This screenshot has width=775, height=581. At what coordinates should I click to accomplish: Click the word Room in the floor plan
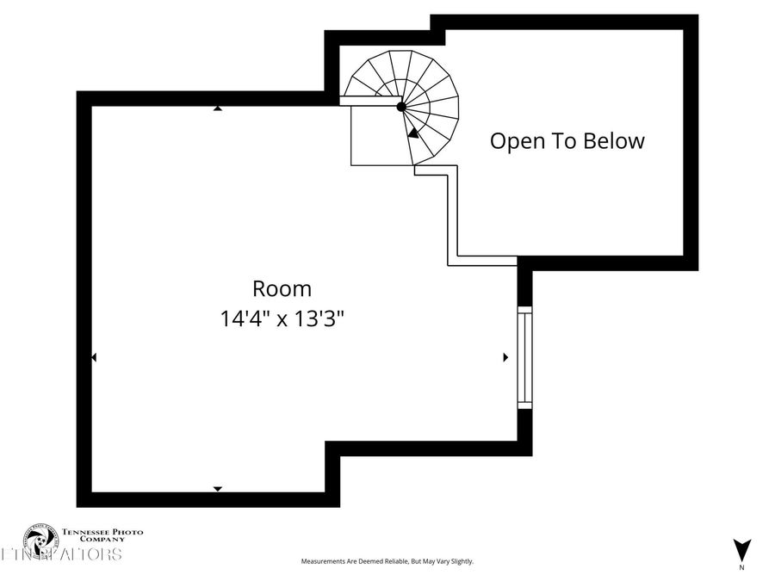(x=282, y=289)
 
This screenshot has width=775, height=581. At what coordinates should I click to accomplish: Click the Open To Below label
(x=567, y=141)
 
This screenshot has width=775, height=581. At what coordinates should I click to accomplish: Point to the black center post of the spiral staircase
(x=401, y=107)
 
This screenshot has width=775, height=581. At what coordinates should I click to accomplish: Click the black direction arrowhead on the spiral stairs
(x=413, y=133)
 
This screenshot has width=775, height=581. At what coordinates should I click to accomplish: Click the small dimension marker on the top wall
(x=218, y=108)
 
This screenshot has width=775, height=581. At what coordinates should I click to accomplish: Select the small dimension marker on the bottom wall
(x=218, y=489)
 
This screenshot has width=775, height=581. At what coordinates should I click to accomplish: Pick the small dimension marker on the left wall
(x=94, y=356)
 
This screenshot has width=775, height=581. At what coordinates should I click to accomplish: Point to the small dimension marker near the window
(x=505, y=356)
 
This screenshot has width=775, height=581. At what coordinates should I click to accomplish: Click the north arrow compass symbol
(x=741, y=549)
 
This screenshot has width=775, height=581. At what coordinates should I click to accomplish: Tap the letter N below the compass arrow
(x=741, y=568)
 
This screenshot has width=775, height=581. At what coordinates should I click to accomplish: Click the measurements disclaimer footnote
(x=387, y=561)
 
